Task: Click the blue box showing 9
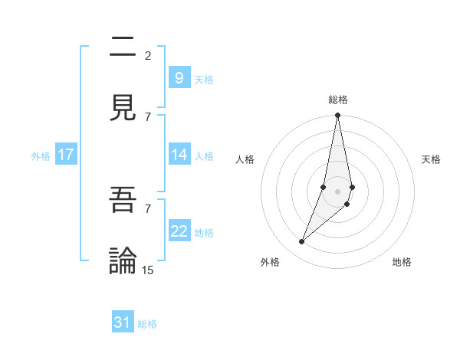pyautogui.click(x=179, y=77)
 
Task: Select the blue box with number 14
pyautogui.click(x=179, y=154)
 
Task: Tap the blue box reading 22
pyautogui.click(x=179, y=231)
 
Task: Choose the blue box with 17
pyautogui.click(x=65, y=155)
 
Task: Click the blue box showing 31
pyautogui.click(x=123, y=322)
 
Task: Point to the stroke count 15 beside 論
pyautogui.click(x=148, y=270)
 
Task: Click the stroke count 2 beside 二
pyautogui.click(x=148, y=55)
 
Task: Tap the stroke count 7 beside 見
pyautogui.click(x=148, y=116)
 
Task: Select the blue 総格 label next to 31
pyautogui.click(x=147, y=324)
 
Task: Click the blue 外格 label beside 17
pyautogui.click(x=41, y=156)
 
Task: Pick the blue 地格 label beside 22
pyautogui.click(x=204, y=233)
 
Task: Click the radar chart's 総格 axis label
pyautogui.click(x=338, y=100)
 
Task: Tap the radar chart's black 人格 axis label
pyautogui.click(x=245, y=159)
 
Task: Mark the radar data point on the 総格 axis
pyautogui.click(x=337, y=116)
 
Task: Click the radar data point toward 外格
pyautogui.click(x=301, y=242)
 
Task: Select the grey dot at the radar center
pyautogui.click(x=337, y=191)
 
